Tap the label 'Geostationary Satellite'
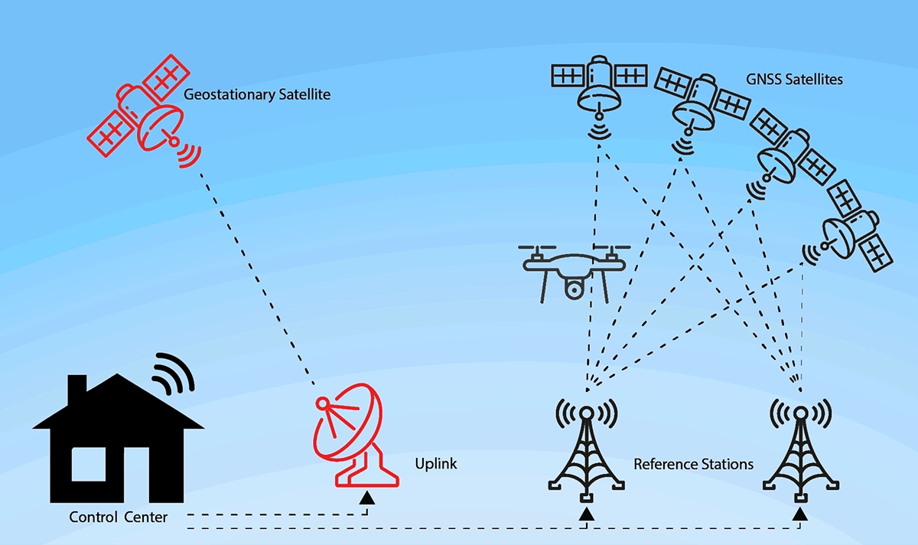click(x=246, y=95)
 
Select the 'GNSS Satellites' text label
click(x=794, y=79)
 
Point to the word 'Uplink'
click(x=435, y=463)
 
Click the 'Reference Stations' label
click(x=694, y=464)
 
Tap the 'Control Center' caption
click(x=118, y=517)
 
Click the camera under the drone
click(x=575, y=289)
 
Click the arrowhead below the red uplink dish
click(x=367, y=498)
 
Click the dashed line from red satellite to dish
click(x=256, y=276)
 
